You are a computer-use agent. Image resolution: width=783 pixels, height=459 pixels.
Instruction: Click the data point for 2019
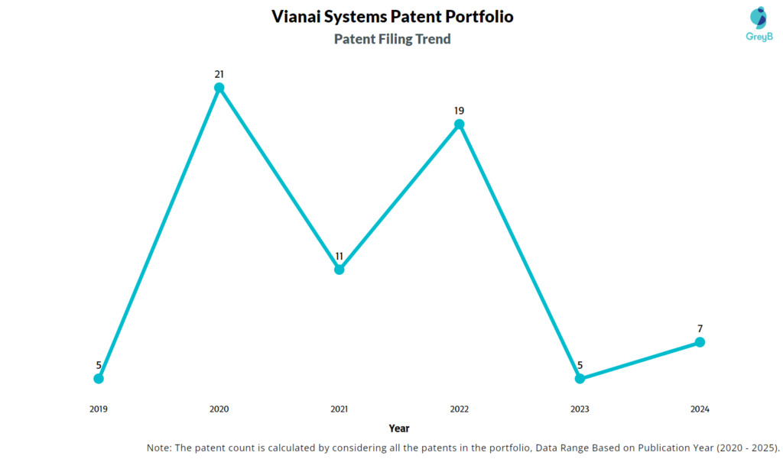click(x=99, y=378)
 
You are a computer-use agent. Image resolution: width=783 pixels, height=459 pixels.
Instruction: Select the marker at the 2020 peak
click(x=219, y=88)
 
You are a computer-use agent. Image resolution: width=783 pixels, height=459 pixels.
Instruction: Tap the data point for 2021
click(x=340, y=269)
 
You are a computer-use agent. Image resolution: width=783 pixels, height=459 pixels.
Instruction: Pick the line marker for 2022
click(x=460, y=124)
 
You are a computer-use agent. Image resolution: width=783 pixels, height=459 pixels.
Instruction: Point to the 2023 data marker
click(x=580, y=378)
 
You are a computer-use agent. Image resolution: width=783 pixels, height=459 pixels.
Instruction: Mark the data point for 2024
click(x=700, y=342)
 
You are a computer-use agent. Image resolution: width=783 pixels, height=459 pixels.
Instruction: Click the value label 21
click(x=219, y=74)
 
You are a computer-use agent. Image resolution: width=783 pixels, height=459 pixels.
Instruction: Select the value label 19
click(x=460, y=111)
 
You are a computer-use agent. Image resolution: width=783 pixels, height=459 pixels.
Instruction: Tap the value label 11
click(x=340, y=256)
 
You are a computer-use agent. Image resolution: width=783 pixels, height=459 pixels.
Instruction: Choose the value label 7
click(x=700, y=328)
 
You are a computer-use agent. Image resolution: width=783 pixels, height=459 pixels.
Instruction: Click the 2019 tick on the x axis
click(x=99, y=409)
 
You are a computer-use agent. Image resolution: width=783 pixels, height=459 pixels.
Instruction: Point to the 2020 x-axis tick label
click(x=219, y=409)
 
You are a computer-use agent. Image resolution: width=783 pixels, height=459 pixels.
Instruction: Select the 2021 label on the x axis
click(x=340, y=409)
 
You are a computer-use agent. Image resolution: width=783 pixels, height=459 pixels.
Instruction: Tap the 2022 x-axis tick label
click(x=460, y=409)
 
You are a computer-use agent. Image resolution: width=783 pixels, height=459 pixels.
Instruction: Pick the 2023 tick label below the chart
click(x=580, y=409)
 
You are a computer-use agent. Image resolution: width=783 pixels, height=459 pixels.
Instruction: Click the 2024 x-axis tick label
click(x=700, y=409)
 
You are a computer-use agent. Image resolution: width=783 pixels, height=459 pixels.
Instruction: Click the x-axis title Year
click(x=398, y=428)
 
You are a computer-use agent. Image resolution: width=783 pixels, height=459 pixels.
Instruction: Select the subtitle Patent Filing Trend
click(x=392, y=39)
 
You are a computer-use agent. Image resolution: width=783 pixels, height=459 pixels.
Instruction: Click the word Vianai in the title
click(x=297, y=16)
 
